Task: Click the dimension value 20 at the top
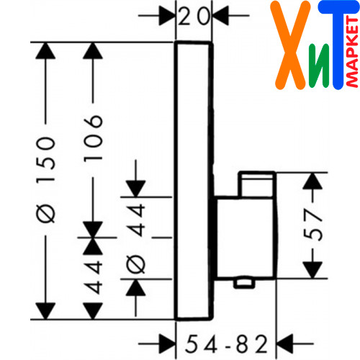194,17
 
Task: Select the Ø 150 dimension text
45,180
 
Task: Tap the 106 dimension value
93,138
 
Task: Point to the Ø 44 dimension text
136,239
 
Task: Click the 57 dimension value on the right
313,225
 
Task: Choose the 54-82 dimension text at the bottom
226,344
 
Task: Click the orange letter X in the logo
290,45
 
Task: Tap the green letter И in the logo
319,66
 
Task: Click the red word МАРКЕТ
353,52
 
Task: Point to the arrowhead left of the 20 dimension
167,16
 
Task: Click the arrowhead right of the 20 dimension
220,16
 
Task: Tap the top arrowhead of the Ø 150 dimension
45,50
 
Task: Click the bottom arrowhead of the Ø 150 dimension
45,311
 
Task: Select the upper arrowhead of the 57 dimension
312,181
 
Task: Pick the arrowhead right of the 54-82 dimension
285,343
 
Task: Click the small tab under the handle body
244,283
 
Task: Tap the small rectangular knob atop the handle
257,184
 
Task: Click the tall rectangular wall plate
194,181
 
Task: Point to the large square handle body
246,238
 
